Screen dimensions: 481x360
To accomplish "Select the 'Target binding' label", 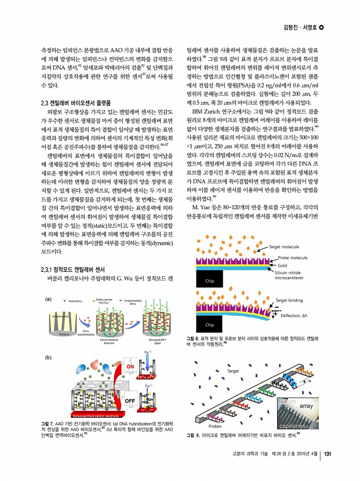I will pyautogui.click(x=292, y=300).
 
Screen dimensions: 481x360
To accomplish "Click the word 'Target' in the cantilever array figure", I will pyautogui.click(x=233, y=370).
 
